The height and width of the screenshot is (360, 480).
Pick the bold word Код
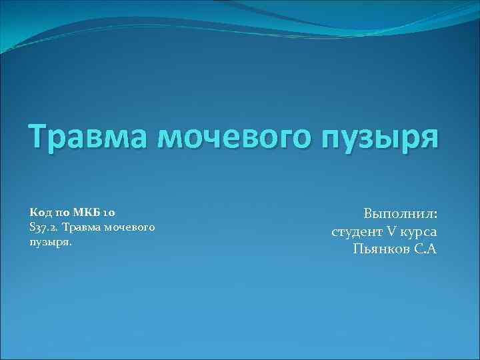click(x=40, y=213)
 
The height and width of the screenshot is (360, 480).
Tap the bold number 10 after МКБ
click(x=110, y=213)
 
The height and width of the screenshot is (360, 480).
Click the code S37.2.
click(x=45, y=228)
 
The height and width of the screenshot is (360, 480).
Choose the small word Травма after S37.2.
click(x=83, y=228)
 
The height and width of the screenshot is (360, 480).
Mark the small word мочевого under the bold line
click(x=131, y=228)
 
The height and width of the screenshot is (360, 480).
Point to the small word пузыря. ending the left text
click(x=50, y=242)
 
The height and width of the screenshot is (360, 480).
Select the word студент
click(x=357, y=232)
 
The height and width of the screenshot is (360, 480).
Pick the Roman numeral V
click(x=392, y=231)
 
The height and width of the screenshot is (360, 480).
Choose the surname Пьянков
click(x=382, y=249)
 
